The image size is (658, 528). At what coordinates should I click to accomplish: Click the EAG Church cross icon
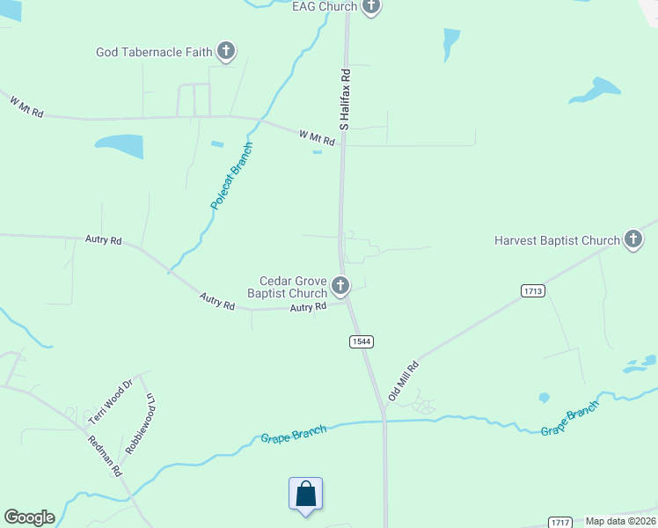pyautogui.click(x=370, y=7)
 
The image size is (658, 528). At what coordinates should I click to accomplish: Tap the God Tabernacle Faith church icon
pyautogui.click(x=226, y=52)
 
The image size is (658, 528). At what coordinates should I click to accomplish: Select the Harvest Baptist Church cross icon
pyautogui.click(x=632, y=239)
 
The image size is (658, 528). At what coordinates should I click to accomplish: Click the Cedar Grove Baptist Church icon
pyautogui.click(x=340, y=286)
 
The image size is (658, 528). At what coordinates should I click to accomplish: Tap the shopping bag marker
pyautogui.click(x=305, y=494)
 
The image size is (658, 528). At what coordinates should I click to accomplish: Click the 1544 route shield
pyautogui.click(x=359, y=341)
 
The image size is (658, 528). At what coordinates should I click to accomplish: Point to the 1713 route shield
pyautogui.click(x=531, y=290)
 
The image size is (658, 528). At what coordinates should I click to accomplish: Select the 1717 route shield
pyautogui.click(x=559, y=522)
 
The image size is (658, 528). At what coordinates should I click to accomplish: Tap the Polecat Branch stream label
pyautogui.click(x=231, y=175)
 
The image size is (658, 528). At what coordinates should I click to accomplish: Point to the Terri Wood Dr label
pyautogui.click(x=110, y=401)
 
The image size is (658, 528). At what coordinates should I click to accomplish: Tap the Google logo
pyautogui.click(x=29, y=517)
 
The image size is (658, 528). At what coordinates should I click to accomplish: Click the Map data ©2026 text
pyautogui.click(x=621, y=521)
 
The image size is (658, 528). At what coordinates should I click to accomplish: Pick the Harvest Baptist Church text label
pyautogui.click(x=557, y=240)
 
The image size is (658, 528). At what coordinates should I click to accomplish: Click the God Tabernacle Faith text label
pyautogui.click(x=154, y=52)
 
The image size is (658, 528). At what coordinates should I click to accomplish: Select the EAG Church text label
pyautogui.click(x=325, y=6)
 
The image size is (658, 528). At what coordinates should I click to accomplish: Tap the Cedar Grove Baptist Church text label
pyautogui.click(x=287, y=286)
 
